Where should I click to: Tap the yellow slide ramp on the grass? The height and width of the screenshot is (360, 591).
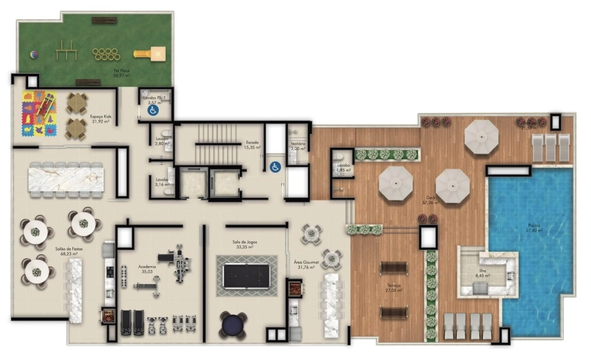pyautogui.click(x=157, y=52)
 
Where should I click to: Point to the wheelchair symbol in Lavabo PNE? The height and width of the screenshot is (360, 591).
pyautogui.click(x=154, y=111)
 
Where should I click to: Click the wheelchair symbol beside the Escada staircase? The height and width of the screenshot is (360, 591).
pyautogui.click(x=274, y=166)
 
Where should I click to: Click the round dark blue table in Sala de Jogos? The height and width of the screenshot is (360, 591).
pyautogui.click(x=233, y=325)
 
